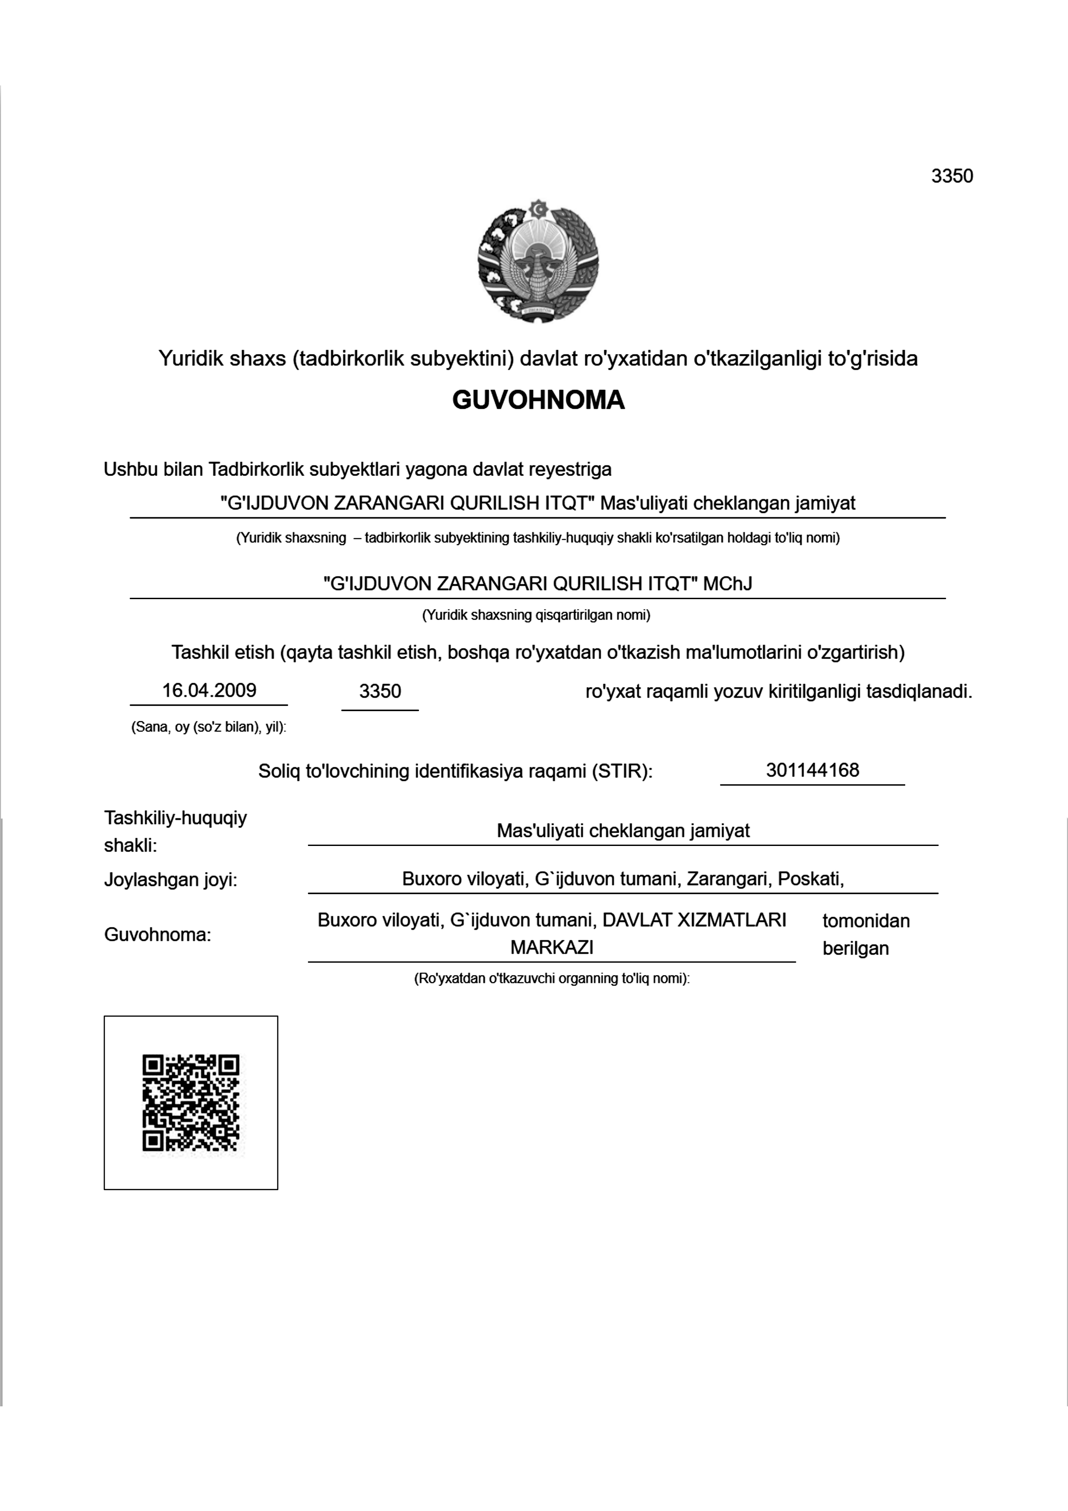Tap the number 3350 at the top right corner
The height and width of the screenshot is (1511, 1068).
(952, 176)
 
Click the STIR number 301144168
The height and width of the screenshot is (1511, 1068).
(812, 770)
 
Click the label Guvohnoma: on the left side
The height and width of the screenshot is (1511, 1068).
(157, 935)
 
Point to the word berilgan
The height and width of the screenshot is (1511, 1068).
(855, 948)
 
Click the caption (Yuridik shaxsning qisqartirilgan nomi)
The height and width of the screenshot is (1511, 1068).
(536, 616)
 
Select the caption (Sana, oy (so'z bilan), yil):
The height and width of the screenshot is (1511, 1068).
(208, 727)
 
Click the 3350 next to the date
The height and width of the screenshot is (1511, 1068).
(380, 691)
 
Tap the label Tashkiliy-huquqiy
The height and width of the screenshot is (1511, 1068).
(175, 818)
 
